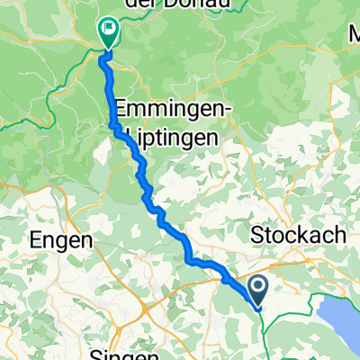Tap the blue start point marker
(258, 289)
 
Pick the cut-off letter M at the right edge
(354, 34)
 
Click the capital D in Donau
(184, 5)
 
